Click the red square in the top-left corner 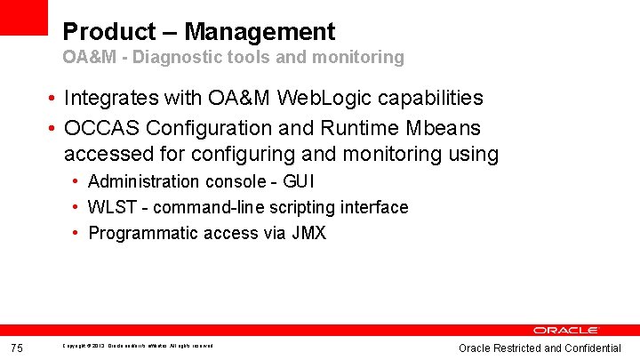(24, 17)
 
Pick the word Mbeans (447, 126)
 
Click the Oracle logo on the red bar (566, 330)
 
